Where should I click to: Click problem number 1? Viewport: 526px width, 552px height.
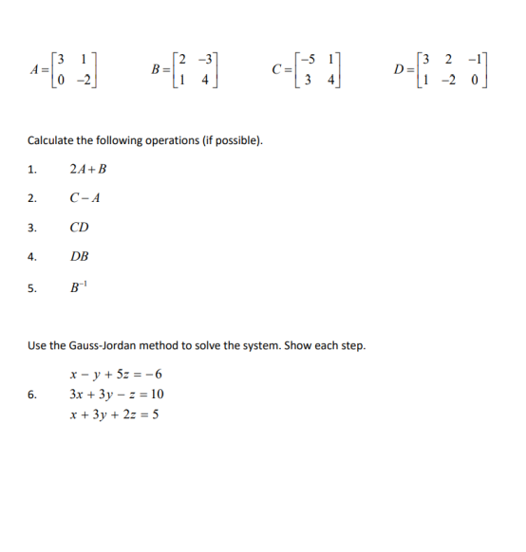click(x=32, y=171)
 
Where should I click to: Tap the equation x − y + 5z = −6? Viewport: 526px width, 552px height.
click(x=118, y=374)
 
